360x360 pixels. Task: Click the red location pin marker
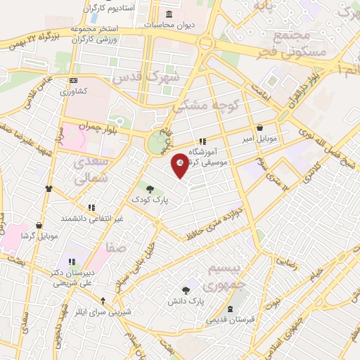pyautogui.click(x=181, y=165)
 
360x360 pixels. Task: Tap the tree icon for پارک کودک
pyautogui.click(x=149, y=188)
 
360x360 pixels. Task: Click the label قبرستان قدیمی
pyautogui.click(x=231, y=320)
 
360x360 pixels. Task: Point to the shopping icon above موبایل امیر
pyautogui.click(x=262, y=129)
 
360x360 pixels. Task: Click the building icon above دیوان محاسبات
pyautogui.click(x=168, y=14)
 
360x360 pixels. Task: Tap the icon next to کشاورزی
pyautogui.click(x=74, y=82)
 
